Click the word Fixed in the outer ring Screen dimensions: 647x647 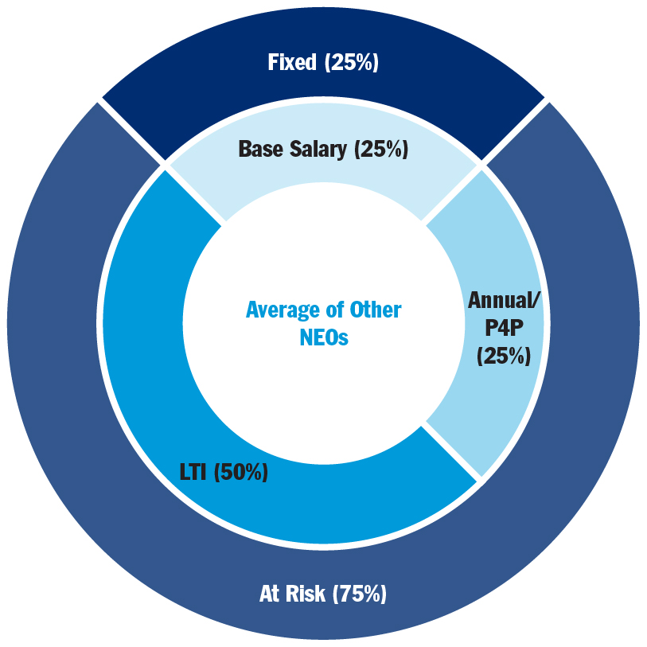(x=292, y=63)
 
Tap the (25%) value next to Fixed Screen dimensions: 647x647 (x=351, y=63)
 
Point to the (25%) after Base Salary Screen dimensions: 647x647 (x=381, y=149)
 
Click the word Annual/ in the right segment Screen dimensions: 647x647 (x=502, y=300)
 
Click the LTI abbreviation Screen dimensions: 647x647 (x=193, y=472)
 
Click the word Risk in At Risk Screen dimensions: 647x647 (x=305, y=594)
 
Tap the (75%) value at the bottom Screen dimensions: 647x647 (x=359, y=594)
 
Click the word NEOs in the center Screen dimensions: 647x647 (x=324, y=337)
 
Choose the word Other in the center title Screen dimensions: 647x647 (x=376, y=310)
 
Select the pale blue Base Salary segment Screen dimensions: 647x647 (x=322, y=179)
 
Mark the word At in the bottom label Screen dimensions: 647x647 (x=271, y=594)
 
